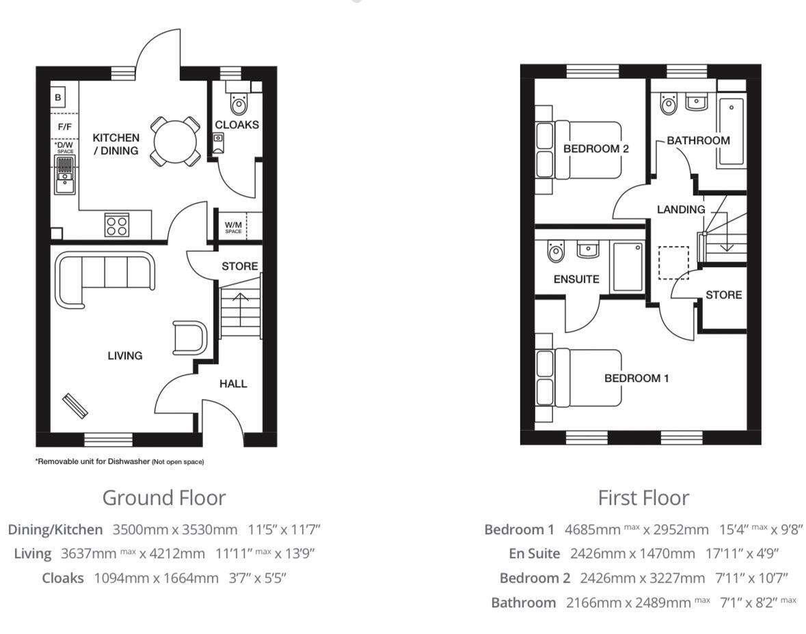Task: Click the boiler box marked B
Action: click(x=57, y=96)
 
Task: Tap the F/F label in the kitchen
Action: click(x=65, y=126)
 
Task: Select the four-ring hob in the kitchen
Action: click(x=116, y=225)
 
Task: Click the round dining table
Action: click(x=175, y=141)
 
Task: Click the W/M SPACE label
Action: click(x=233, y=227)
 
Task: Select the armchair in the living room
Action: click(x=189, y=338)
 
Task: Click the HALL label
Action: click(x=233, y=384)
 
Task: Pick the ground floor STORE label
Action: click(x=239, y=266)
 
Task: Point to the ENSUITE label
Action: click(x=576, y=279)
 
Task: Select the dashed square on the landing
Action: click(x=673, y=262)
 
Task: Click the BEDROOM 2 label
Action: click(x=595, y=149)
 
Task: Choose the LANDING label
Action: click(x=681, y=209)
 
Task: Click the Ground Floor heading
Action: click(x=164, y=498)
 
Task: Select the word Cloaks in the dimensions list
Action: click(x=63, y=578)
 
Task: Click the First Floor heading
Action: click(x=643, y=498)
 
